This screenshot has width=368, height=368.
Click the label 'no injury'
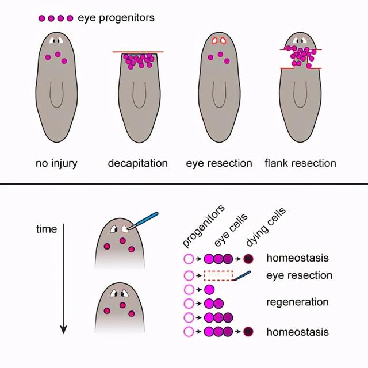pos(56,163)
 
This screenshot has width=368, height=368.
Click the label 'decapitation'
pos(138,163)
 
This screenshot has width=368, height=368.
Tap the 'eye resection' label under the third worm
pos(219,163)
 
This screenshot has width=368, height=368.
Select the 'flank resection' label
pos(301,163)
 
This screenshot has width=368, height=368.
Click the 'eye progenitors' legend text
pos(116,18)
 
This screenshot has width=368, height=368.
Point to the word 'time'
pos(47,229)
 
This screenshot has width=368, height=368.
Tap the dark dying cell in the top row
pos(248,259)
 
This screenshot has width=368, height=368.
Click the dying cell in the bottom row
pos(248,332)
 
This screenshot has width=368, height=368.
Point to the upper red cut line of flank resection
pos(301,49)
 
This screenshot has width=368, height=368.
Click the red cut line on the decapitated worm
pos(138,52)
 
